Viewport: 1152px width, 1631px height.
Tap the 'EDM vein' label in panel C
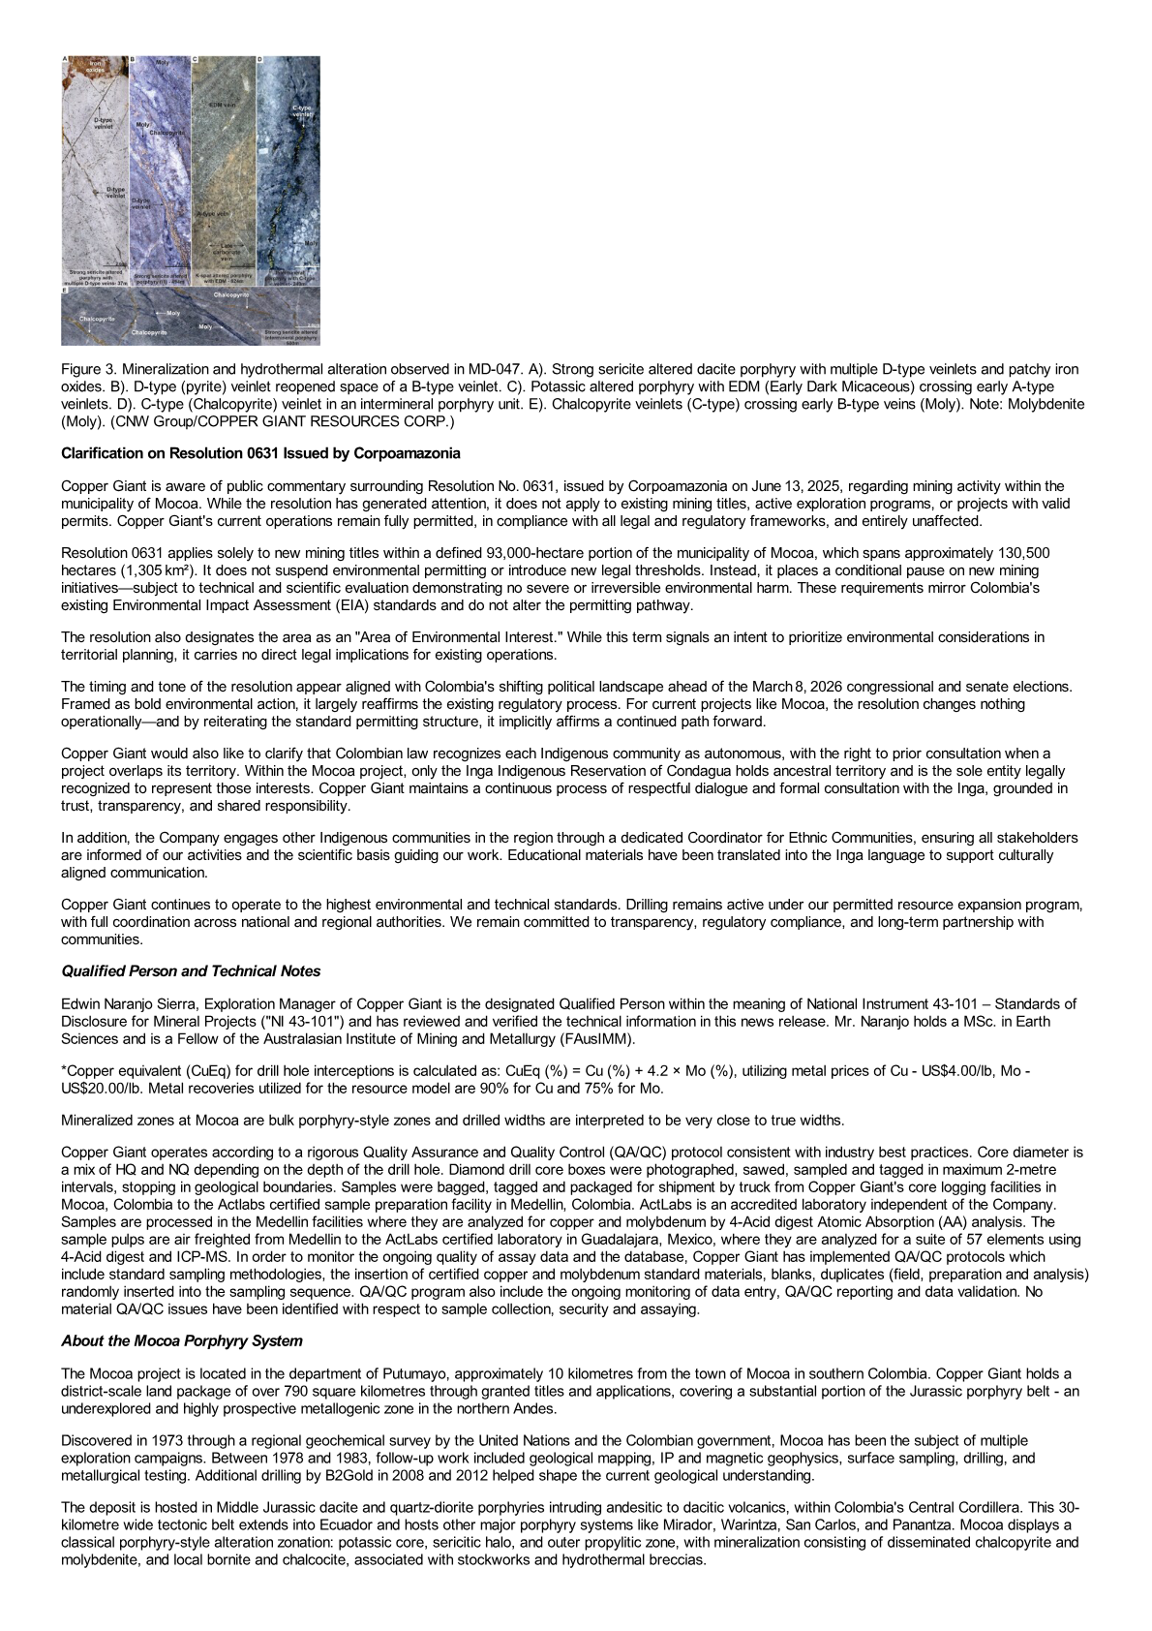click(x=223, y=104)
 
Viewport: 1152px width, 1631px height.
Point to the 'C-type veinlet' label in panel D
click(x=302, y=110)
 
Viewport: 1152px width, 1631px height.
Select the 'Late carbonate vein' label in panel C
click(x=227, y=252)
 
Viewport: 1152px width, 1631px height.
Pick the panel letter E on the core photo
click(x=64, y=290)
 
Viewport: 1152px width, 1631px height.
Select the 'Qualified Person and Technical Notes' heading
click(x=191, y=970)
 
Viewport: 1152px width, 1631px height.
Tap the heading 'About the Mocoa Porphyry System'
click(x=181, y=1340)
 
